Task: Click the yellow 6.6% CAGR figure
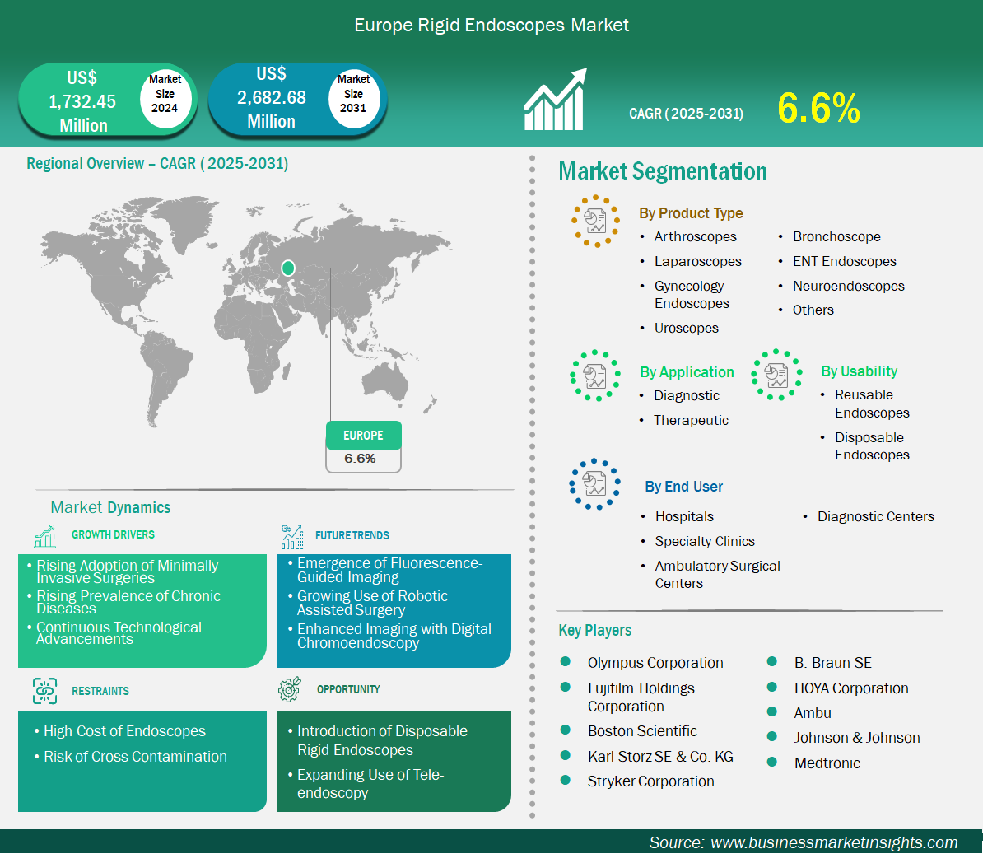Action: (x=818, y=108)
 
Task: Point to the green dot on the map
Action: (x=288, y=268)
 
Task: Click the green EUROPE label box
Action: (x=364, y=436)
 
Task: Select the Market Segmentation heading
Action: (x=663, y=171)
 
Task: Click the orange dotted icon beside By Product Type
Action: (x=595, y=221)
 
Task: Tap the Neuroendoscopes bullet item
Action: (x=848, y=286)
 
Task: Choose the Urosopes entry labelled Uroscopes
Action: (x=687, y=328)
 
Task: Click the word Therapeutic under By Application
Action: (x=691, y=420)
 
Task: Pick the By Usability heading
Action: (x=859, y=371)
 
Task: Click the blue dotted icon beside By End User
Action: (x=594, y=484)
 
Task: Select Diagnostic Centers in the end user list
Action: (x=876, y=517)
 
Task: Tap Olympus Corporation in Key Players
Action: (x=655, y=663)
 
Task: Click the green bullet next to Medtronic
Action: (x=771, y=762)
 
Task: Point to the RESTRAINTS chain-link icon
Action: (x=44, y=691)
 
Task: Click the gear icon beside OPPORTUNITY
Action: (x=290, y=689)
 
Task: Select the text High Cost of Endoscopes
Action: (x=125, y=731)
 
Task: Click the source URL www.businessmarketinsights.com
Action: (x=834, y=842)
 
